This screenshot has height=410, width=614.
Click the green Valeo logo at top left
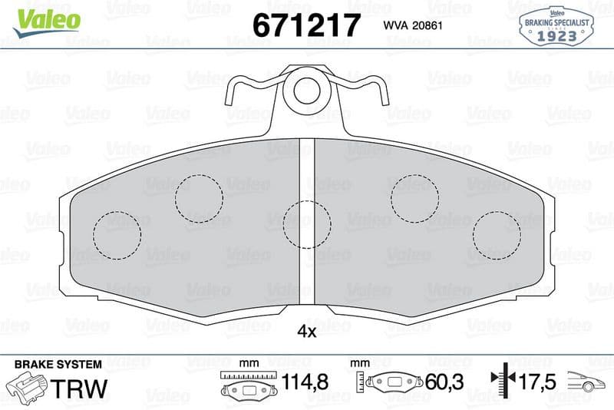point(47,23)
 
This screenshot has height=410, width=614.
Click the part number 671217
point(306,25)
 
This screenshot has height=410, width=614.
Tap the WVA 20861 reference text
point(413,25)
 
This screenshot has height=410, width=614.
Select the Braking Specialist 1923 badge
point(556,26)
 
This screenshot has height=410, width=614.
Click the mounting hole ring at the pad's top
point(307,78)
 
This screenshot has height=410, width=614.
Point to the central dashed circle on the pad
point(307,201)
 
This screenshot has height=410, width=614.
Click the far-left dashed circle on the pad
point(117,211)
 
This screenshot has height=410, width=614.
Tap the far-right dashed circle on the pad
point(497,211)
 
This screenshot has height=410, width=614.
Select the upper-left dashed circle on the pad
point(199,174)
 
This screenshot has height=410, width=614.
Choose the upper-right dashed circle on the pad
point(414,174)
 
